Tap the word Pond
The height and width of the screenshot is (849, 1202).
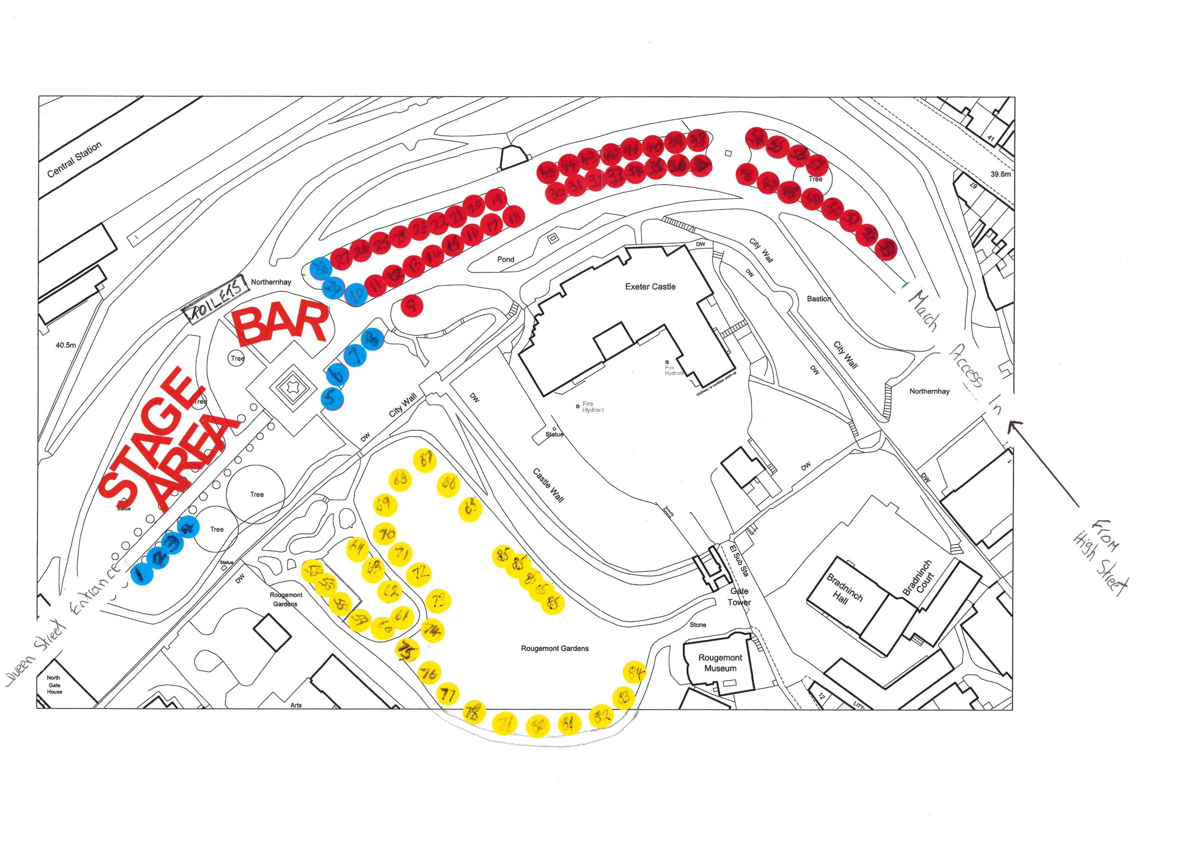505,259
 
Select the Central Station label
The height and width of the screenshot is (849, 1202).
75,159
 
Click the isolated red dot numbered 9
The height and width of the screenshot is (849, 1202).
412,305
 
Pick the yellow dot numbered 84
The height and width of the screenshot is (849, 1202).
635,672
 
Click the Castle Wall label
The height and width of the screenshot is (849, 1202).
548,485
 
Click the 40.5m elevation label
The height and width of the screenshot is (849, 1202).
65,345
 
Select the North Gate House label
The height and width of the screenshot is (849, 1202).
55,685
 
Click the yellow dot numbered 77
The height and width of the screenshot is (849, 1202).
447,694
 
